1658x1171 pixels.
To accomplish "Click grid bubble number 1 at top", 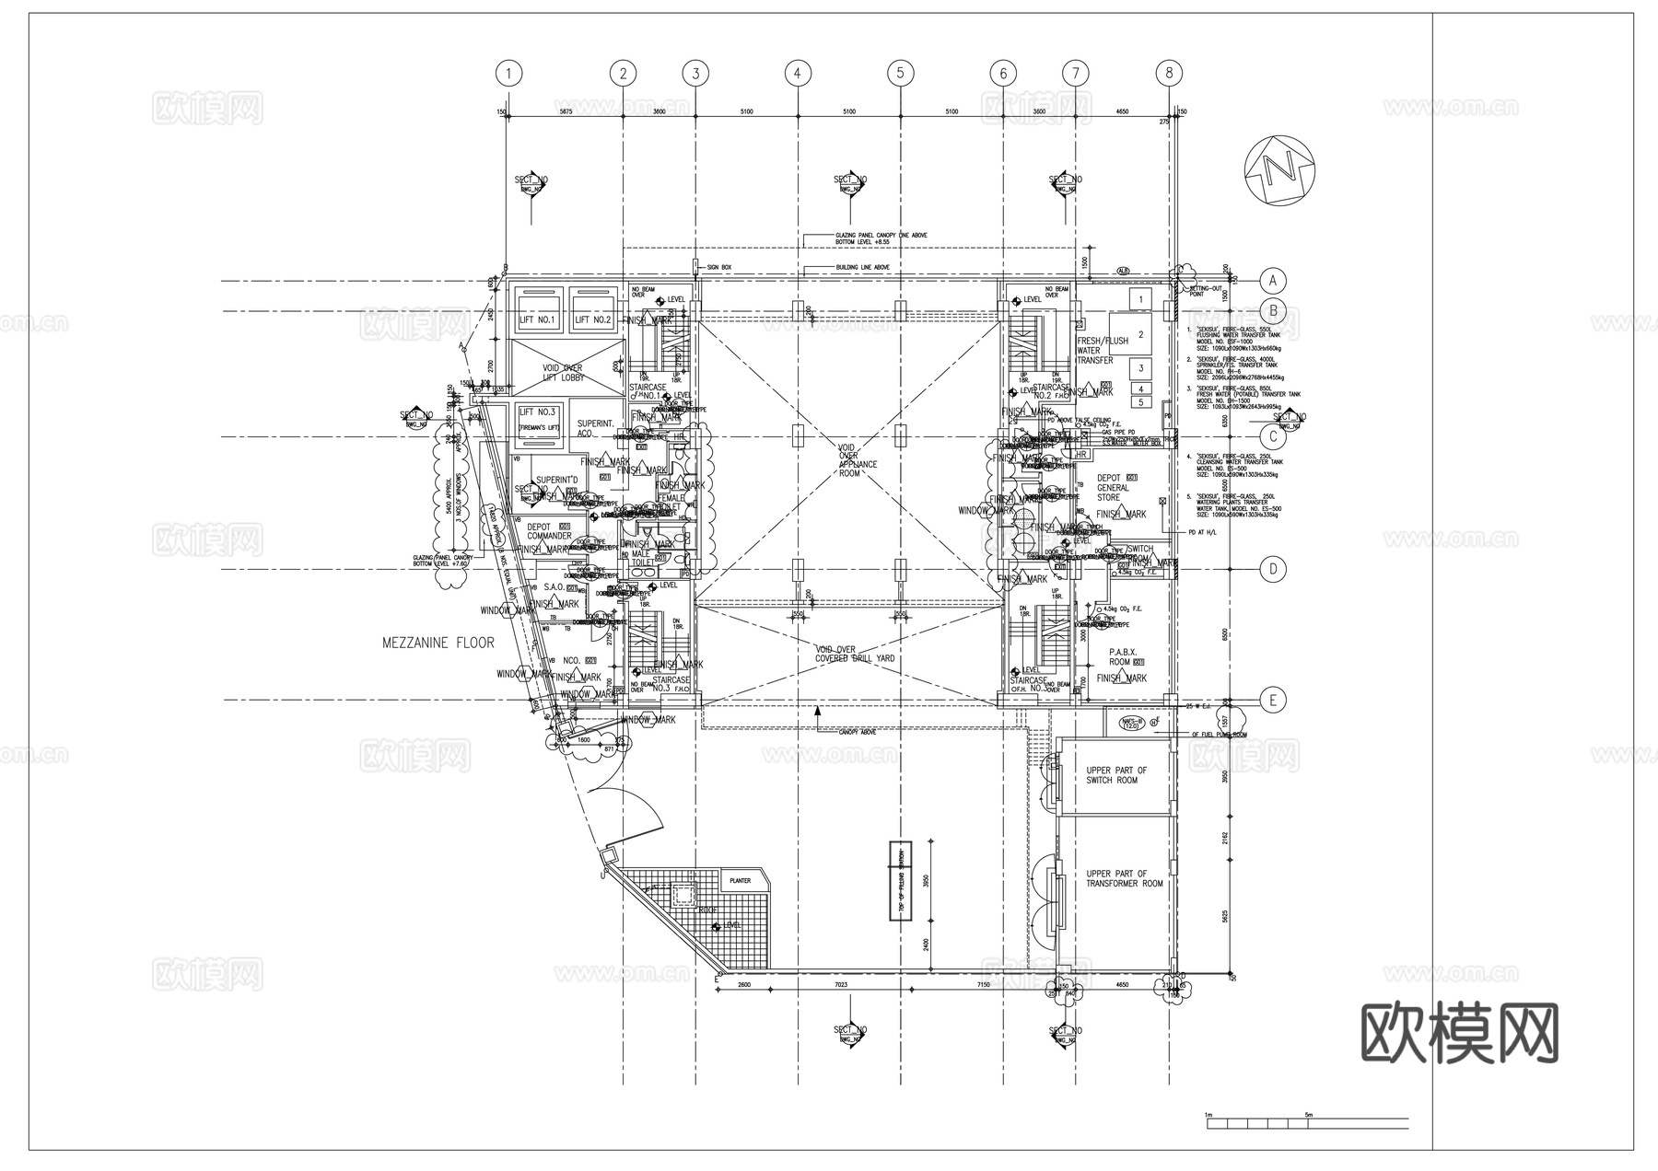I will click(x=508, y=73).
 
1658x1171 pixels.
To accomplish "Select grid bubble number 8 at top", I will click(x=1169, y=73).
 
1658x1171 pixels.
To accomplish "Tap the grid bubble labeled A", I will click(x=1273, y=280).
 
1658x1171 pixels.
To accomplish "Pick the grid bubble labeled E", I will click(x=1273, y=701).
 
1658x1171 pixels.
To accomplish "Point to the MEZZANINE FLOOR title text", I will click(x=438, y=643).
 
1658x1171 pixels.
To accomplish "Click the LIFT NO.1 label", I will click(x=538, y=320).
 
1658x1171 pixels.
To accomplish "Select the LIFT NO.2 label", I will click(x=593, y=320).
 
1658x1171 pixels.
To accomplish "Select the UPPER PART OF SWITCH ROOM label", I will click(x=1116, y=775).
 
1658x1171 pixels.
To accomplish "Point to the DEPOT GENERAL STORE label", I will click(x=1113, y=487).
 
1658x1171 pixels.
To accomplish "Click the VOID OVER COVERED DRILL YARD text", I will click(x=854, y=654).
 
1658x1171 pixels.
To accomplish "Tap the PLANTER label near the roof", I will click(x=740, y=881).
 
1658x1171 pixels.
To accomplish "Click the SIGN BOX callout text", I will click(x=719, y=267).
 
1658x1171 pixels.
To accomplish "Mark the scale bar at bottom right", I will click(x=1306, y=1123).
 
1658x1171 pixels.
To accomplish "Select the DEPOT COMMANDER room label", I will click(x=550, y=531).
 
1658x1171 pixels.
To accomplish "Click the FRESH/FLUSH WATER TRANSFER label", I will click(x=1102, y=351).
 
